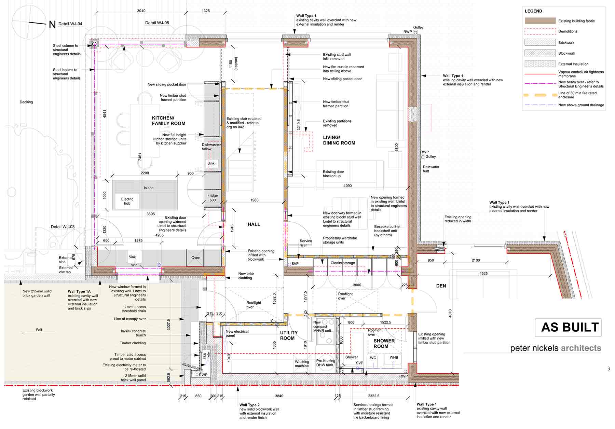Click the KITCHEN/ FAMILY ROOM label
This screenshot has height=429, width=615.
pos(168,121)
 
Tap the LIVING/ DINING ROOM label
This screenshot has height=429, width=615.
pos(339,140)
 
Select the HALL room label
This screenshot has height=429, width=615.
pos(254,224)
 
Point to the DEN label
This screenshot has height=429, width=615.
pos(441,286)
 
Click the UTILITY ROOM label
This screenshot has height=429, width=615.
pos(289,335)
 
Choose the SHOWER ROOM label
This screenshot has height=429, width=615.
pos(384,344)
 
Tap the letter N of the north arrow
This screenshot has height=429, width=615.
pos(52,24)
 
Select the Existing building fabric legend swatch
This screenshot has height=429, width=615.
pos(540,21)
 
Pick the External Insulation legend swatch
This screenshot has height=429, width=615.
pos(540,64)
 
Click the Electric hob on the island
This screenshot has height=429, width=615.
pos(127,201)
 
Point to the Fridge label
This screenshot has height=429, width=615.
pos(213,196)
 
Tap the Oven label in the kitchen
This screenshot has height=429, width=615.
pos(196,258)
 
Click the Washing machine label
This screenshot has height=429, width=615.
pos(302,364)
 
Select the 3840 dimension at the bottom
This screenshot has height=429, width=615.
pos(279,396)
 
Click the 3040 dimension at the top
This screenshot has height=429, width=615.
pos(141,11)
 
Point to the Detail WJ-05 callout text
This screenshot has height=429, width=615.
pos(157,23)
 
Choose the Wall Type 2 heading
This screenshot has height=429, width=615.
pos(249,405)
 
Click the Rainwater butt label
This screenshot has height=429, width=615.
pos(431,169)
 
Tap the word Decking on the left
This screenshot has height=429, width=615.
pos(26,102)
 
